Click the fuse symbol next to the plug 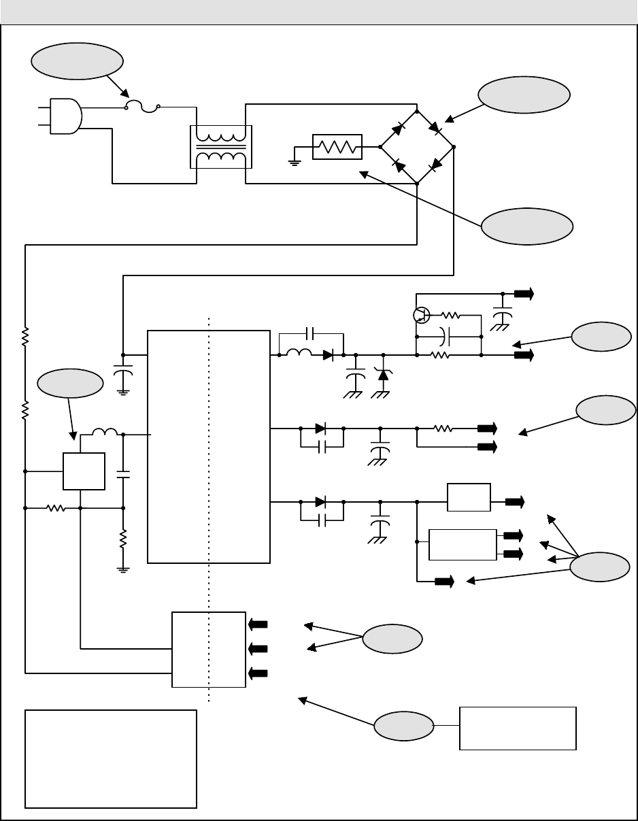(142, 105)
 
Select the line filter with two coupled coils (220, 146)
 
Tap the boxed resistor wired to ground (337, 147)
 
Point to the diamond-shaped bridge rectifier (417, 146)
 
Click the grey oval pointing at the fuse (76, 62)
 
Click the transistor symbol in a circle (421, 315)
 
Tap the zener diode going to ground (384, 373)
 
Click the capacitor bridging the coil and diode (312, 333)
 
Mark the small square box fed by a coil (84, 471)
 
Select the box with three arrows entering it (209, 649)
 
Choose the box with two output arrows (462, 544)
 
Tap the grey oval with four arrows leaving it (600, 567)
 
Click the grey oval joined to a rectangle (405, 726)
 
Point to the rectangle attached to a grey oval (518, 728)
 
